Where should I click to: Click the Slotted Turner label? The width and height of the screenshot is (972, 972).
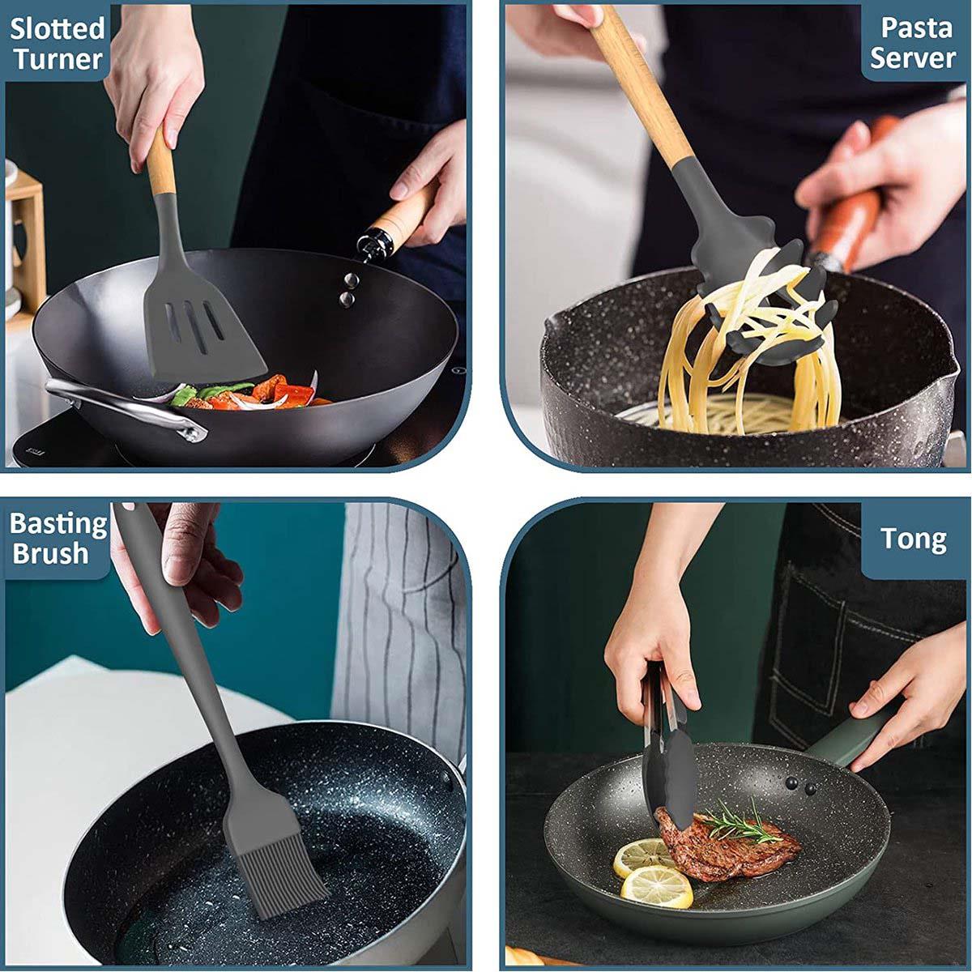click(x=58, y=43)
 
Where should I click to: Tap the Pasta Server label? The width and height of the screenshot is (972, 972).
click(x=914, y=43)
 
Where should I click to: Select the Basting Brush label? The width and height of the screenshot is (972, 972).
click(x=58, y=538)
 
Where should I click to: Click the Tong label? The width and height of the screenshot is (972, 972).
click(x=913, y=539)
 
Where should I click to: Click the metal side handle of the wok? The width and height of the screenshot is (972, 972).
click(x=122, y=406)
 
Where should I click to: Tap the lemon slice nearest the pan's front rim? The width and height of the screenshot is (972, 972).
click(x=656, y=885)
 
